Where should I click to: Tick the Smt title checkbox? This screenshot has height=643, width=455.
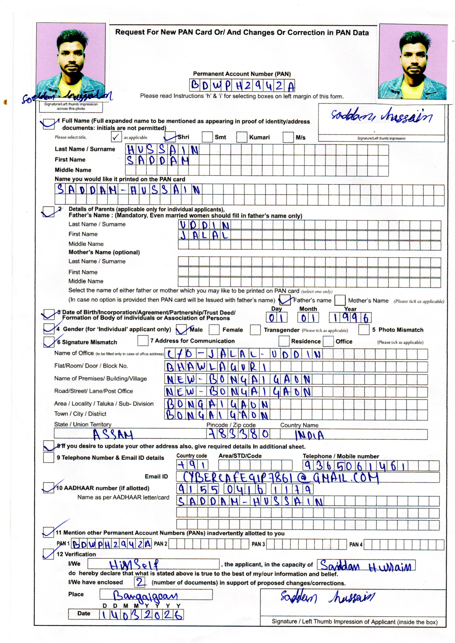(207, 137)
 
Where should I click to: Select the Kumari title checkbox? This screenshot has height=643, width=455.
(242, 137)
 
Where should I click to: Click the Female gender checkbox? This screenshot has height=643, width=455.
(214, 330)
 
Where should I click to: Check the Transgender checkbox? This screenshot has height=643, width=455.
(255, 330)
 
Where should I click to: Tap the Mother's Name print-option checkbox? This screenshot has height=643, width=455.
(340, 300)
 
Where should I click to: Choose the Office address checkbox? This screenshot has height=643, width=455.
(328, 341)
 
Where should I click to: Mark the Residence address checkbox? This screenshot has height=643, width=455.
(284, 341)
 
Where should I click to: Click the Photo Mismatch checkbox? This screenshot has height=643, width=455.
(364, 329)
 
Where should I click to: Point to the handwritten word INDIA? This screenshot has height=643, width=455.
(309, 435)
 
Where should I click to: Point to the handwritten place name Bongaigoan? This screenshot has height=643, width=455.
(146, 596)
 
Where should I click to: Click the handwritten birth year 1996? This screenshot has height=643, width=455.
(350, 318)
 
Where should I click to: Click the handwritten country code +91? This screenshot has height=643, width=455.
(192, 465)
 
